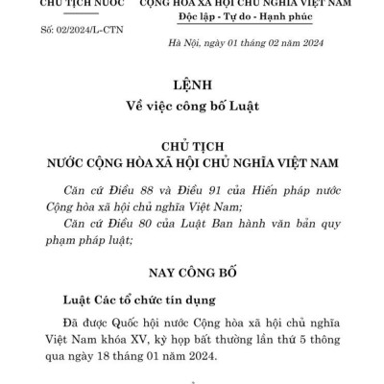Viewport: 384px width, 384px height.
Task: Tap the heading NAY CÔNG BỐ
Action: (192, 273)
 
